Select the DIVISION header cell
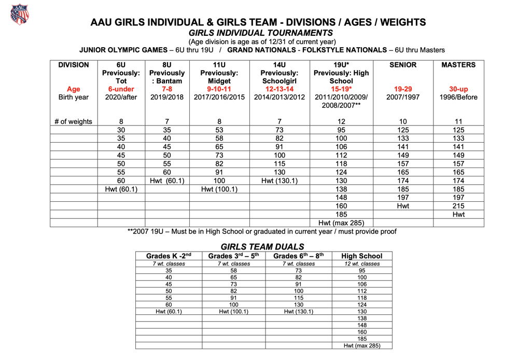click(x=73, y=65)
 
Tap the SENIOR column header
click(x=403, y=65)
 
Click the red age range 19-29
click(x=403, y=89)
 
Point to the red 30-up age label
click(x=458, y=89)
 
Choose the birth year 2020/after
click(x=121, y=97)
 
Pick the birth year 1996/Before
click(x=458, y=97)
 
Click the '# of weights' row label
click(x=73, y=122)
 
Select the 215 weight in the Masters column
click(x=458, y=206)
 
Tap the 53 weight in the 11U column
click(x=219, y=130)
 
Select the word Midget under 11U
click(x=219, y=81)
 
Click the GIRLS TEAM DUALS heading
click(x=262, y=246)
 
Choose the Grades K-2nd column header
click(x=169, y=256)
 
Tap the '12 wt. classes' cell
click(x=362, y=264)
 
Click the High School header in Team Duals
click(x=362, y=256)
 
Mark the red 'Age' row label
click(x=73, y=89)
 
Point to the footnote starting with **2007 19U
click(x=262, y=231)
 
